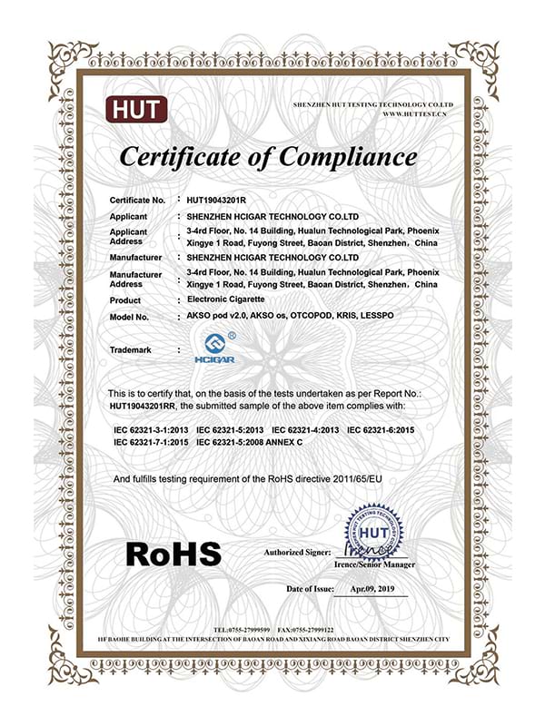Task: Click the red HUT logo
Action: pyautogui.click(x=137, y=111)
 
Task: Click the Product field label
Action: pyautogui.click(x=125, y=299)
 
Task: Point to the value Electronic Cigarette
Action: pyautogui.click(x=223, y=299)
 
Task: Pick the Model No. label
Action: pyautogui.click(x=128, y=318)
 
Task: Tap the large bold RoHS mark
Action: pyautogui.click(x=173, y=552)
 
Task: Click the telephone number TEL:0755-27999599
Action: pyautogui.click(x=243, y=629)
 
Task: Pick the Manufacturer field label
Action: pyautogui.click(x=134, y=257)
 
